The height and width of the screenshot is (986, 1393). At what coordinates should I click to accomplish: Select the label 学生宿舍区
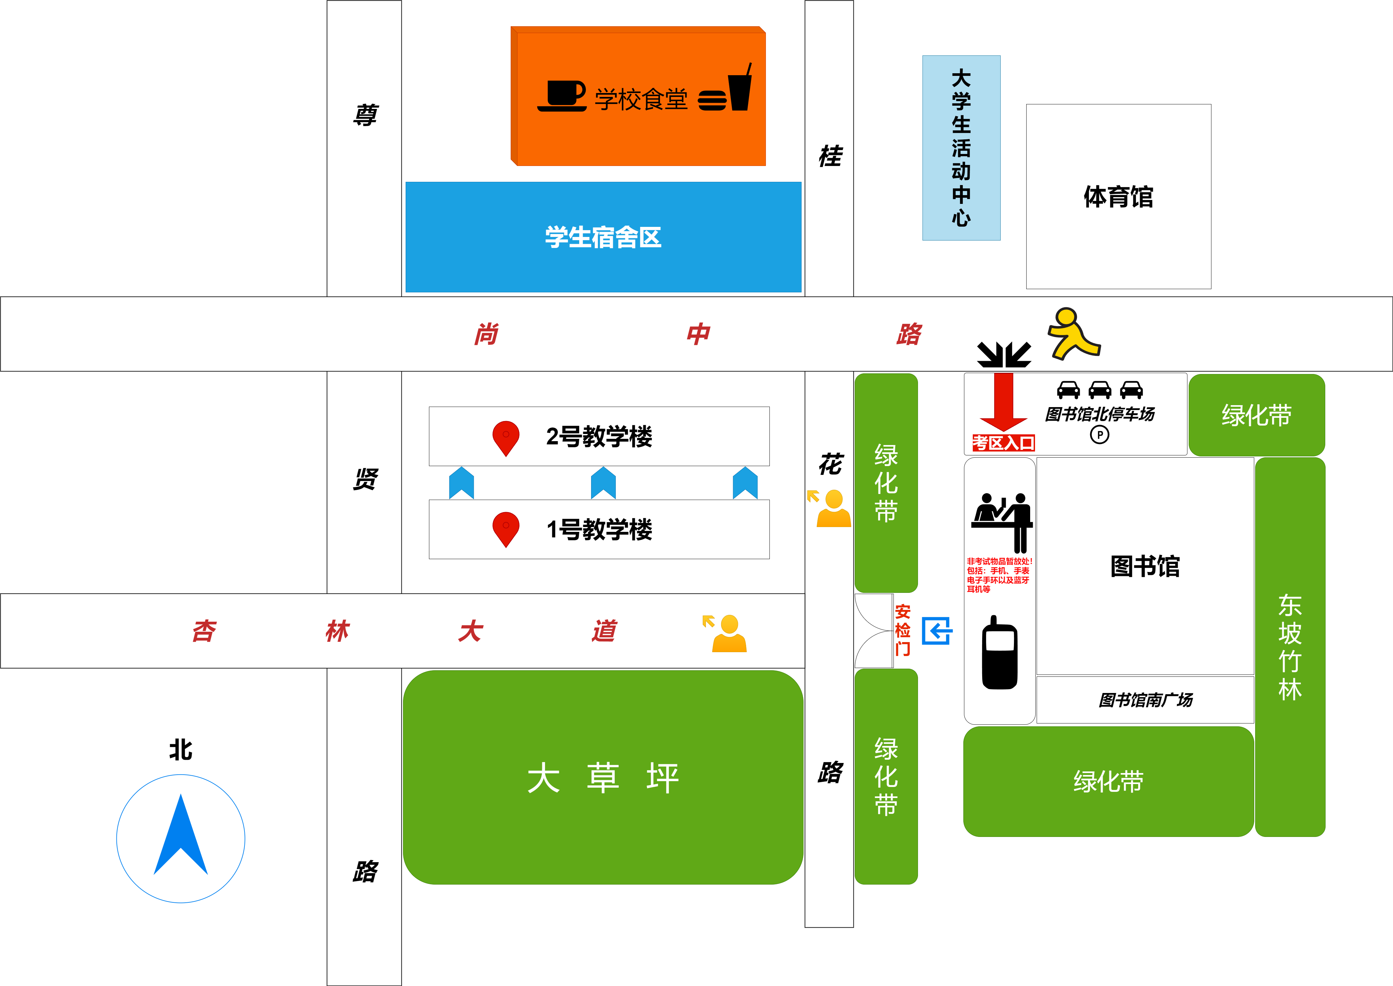click(603, 237)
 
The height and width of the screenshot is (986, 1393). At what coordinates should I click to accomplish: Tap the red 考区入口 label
click(1003, 443)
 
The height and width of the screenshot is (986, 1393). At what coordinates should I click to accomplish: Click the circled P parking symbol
click(1099, 435)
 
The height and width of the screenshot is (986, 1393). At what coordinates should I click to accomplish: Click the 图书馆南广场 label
click(1145, 700)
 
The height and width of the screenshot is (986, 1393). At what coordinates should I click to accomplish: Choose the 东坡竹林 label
click(1290, 647)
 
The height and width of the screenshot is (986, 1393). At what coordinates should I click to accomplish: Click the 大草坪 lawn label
click(603, 778)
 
